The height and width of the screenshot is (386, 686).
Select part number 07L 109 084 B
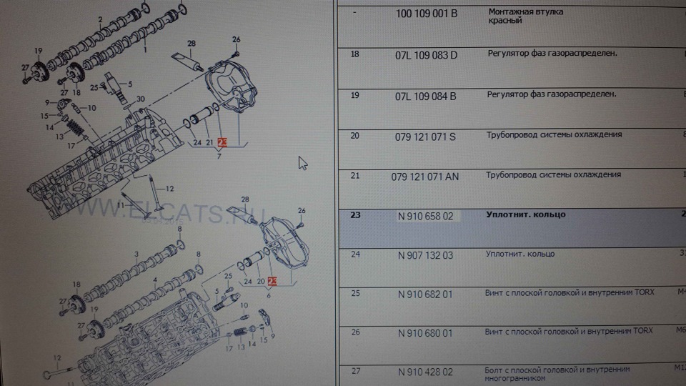(x=427, y=94)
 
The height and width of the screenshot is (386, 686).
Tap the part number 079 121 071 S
(x=426, y=135)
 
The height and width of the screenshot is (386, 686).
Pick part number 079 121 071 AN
(x=426, y=176)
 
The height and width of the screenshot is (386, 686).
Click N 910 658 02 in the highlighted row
(x=426, y=215)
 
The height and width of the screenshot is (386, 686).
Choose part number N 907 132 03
(x=426, y=254)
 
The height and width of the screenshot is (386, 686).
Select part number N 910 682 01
(x=426, y=293)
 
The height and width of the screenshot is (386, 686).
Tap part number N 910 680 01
(x=426, y=332)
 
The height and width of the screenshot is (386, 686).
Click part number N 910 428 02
(x=426, y=372)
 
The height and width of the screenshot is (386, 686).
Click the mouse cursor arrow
(x=302, y=163)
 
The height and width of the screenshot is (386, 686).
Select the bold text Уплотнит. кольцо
(x=525, y=214)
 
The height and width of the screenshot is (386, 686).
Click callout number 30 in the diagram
(x=140, y=99)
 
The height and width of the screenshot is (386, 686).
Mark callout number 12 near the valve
(x=169, y=188)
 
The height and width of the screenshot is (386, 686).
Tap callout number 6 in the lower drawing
(x=268, y=295)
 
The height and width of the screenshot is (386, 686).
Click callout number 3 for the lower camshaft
(x=136, y=254)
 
